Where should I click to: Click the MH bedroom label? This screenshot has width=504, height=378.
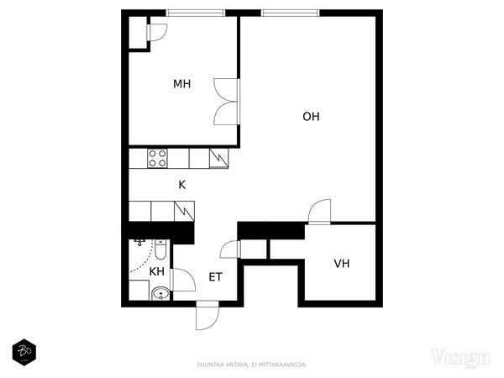click(x=182, y=84)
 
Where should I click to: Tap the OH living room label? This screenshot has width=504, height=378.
click(x=311, y=117)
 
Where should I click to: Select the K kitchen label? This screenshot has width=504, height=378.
click(x=182, y=185)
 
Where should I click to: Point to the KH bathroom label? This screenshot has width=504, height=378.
click(x=157, y=271)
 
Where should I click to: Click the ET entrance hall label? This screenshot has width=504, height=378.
click(x=215, y=277)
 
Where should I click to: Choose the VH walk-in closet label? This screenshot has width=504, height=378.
click(x=342, y=264)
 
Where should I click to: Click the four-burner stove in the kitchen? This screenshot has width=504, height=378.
click(x=157, y=158)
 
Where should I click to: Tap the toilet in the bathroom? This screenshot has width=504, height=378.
click(x=160, y=249)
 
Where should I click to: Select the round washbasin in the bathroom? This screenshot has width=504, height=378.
click(x=160, y=293)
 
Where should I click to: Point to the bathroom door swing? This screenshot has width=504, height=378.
click(x=183, y=280)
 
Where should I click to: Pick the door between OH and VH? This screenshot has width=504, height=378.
click(x=319, y=211)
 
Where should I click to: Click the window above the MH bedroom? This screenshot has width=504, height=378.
click(x=196, y=13)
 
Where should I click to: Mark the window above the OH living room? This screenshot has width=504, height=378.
click(x=290, y=13)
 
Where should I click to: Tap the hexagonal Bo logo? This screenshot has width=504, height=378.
click(x=24, y=352)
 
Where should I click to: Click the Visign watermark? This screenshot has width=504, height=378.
click(x=460, y=358)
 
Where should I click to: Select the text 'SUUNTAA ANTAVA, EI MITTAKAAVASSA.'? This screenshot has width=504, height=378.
click(x=252, y=365)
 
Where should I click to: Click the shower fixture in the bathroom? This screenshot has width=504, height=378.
click(x=139, y=243)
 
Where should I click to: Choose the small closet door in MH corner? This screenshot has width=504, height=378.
click(x=157, y=32)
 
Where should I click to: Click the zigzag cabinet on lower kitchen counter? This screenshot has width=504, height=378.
click(x=184, y=211)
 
